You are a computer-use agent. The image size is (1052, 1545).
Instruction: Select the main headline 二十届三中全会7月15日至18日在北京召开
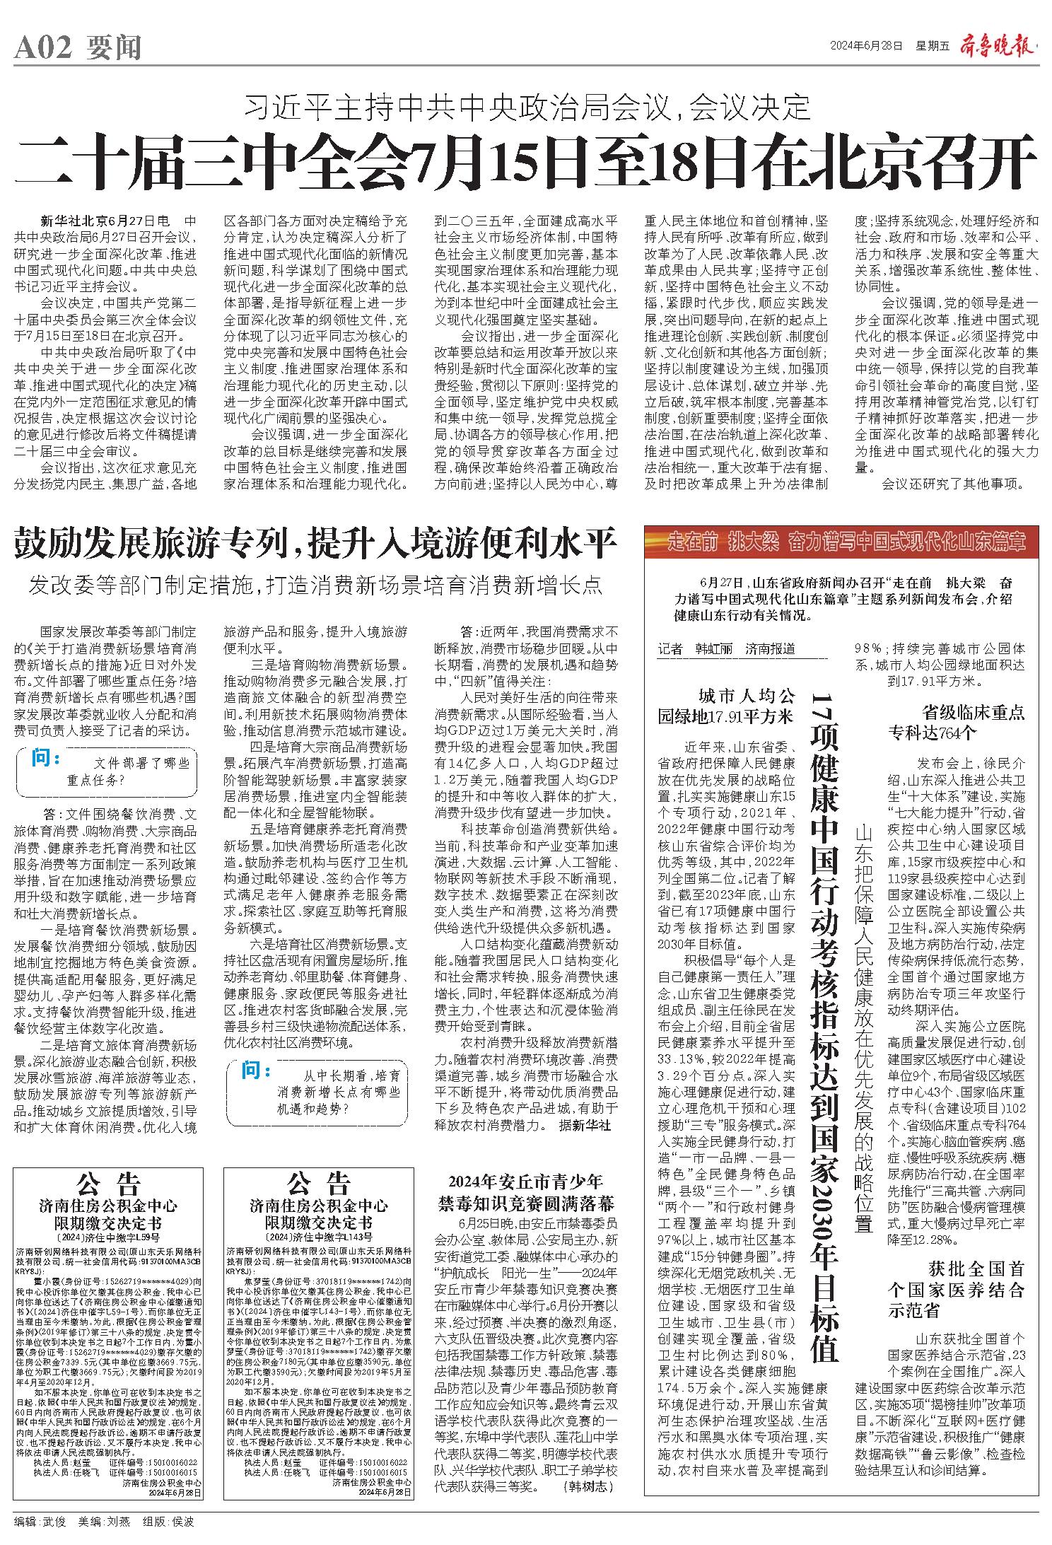(x=527, y=161)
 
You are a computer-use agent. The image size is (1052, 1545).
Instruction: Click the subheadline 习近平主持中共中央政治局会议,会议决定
(x=527, y=107)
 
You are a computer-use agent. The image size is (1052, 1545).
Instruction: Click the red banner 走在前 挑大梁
(x=841, y=543)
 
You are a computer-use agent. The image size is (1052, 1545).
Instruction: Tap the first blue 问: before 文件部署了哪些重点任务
(x=47, y=759)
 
